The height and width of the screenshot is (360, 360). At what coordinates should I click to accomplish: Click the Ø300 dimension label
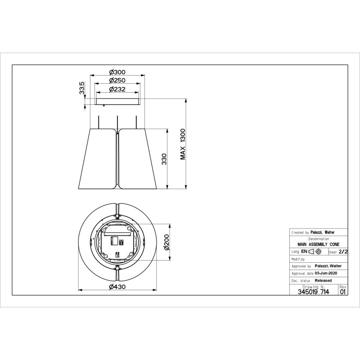pyautogui.click(x=117, y=72)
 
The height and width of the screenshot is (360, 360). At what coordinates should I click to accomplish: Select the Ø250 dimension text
pyautogui.click(x=117, y=81)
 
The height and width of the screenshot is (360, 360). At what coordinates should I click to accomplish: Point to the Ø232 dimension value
pyautogui.click(x=117, y=89)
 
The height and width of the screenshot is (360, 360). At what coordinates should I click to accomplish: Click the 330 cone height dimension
pyautogui.click(x=165, y=159)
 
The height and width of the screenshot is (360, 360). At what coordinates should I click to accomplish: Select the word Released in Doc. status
pyautogui.click(x=323, y=280)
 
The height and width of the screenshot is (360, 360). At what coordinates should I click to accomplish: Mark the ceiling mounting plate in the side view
pyautogui.click(x=117, y=102)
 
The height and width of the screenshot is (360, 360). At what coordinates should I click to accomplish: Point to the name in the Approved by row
pyautogui.click(x=328, y=266)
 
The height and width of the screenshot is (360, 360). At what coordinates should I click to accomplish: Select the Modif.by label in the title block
pyautogui.click(x=298, y=259)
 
